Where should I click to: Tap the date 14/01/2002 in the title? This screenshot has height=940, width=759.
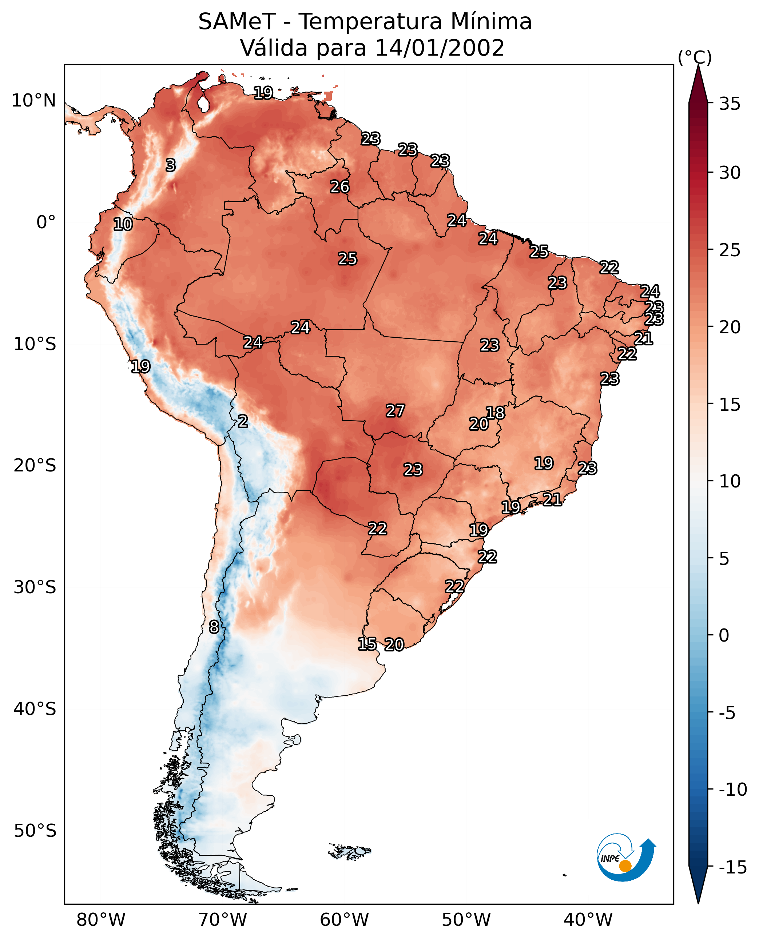click(x=440, y=48)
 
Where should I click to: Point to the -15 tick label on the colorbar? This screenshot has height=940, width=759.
click(x=732, y=868)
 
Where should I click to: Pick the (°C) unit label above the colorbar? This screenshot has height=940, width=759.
click(x=695, y=57)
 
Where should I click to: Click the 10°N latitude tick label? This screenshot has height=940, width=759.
click(x=34, y=101)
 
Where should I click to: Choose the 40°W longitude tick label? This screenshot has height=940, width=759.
click(x=588, y=920)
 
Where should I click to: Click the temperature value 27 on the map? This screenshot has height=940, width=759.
click(x=395, y=411)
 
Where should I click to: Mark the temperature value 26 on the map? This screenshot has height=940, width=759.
click(x=340, y=187)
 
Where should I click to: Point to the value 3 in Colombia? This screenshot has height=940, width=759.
click(x=171, y=165)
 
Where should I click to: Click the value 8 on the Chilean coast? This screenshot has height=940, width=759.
click(x=214, y=627)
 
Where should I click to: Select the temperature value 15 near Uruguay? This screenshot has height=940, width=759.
click(x=367, y=644)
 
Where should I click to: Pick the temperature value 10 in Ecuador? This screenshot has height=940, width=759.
click(x=123, y=224)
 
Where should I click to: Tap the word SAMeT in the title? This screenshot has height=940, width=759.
click(x=237, y=21)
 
